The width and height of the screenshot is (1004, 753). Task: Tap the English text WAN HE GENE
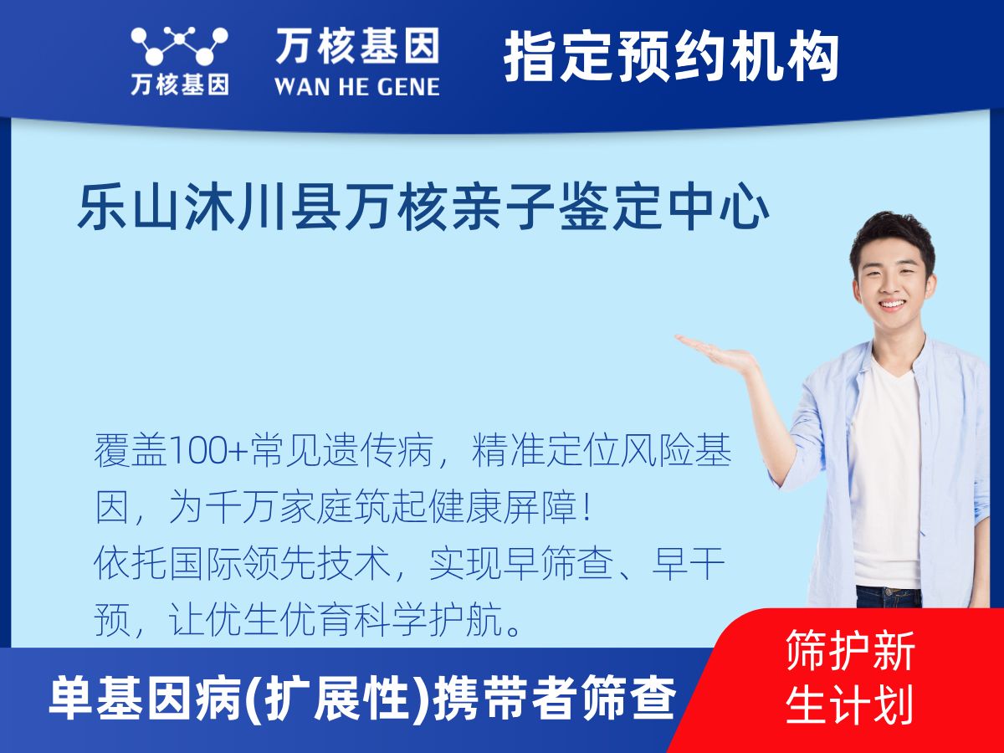click(x=357, y=85)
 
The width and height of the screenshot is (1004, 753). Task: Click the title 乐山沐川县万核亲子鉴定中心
click(x=423, y=208)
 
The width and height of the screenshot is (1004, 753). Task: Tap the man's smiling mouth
click(x=891, y=306)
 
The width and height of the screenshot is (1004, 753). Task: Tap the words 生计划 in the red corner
click(x=849, y=704)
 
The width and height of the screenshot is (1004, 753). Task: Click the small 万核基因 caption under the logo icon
click(x=178, y=85)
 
